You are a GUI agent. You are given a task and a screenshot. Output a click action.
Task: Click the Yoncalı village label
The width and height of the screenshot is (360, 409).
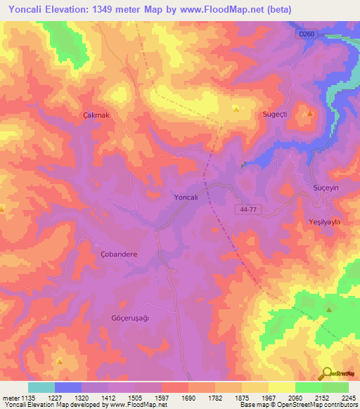pos(186,198)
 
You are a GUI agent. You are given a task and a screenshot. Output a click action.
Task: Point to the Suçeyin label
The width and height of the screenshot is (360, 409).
pos(326,190)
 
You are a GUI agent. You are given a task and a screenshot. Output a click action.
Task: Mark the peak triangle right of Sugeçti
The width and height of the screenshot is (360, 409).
pos(309,112)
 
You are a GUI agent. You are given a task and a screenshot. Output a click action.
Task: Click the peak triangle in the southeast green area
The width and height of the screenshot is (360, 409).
pos(328,309)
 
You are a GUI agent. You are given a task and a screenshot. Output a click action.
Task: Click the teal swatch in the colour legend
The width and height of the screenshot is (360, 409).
pos(41,387)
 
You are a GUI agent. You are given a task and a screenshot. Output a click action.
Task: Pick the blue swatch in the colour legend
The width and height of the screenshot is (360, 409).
pos(67,387)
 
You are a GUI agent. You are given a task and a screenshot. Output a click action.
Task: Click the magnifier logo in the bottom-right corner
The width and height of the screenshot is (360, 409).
pos(327,375)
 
